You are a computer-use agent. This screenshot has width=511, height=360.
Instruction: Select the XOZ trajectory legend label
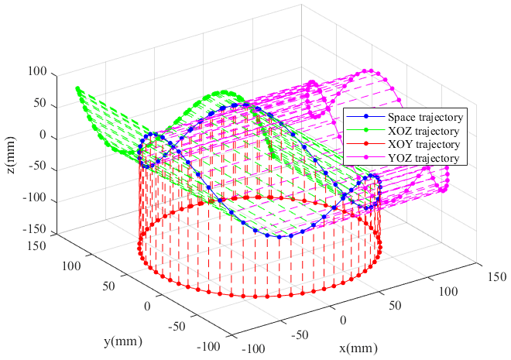coord(419,131)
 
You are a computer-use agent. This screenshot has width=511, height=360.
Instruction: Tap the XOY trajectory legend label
coord(419,145)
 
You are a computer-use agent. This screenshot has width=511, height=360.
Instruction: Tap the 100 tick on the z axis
coord(38,74)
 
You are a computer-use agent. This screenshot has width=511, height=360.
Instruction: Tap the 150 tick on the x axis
coord(496,276)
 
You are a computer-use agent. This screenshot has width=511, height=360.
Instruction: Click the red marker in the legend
coord(360,145)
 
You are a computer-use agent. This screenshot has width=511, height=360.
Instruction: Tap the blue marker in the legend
coord(360,117)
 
